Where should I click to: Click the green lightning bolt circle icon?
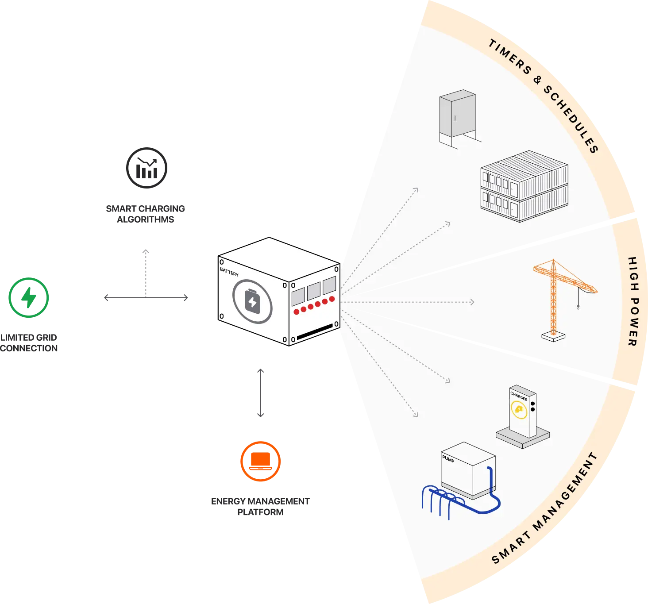[x=28, y=297]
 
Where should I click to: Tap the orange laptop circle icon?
[x=260, y=461]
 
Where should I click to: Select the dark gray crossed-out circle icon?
[x=147, y=168]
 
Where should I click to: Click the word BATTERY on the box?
[x=229, y=272]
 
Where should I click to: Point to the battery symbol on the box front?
[x=252, y=302]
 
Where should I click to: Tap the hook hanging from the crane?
[x=578, y=305]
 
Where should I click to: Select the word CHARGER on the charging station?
[x=519, y=396]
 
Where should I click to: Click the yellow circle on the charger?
[x=519, y=410]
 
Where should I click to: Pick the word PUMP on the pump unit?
[x=448, y=459]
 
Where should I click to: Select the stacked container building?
[x=524, y=186]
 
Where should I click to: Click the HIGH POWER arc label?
[x=633, y=301]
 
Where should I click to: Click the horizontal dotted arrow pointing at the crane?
[x=407, y=302]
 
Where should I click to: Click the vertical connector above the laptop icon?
[x=260, y=392]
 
